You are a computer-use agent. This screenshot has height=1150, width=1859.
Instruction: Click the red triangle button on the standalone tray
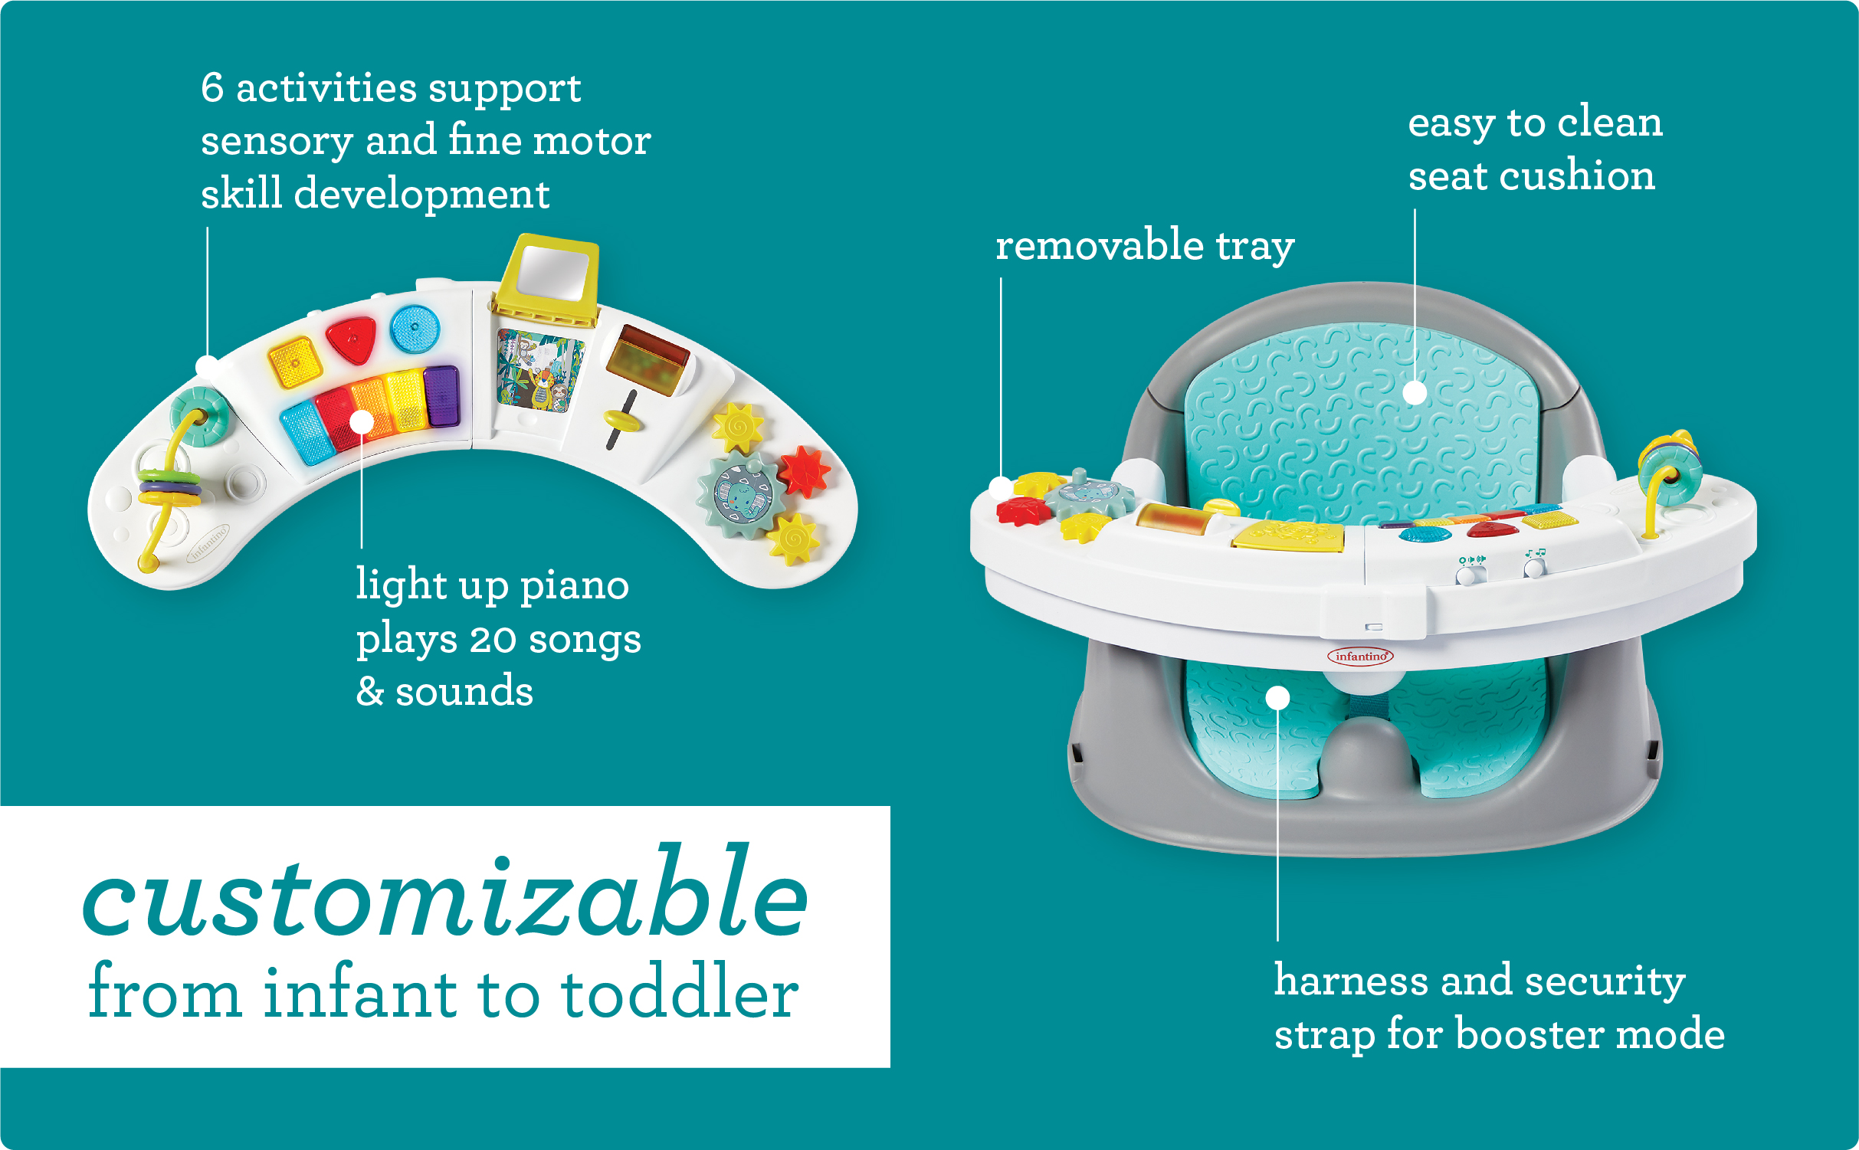(x=352, y=339)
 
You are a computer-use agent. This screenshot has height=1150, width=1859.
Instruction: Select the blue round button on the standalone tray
(x=415, y=328)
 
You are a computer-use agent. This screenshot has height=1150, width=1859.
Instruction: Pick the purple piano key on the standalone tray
(x=441, y=395)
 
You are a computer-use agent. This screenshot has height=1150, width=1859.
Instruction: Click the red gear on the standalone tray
(x=804, y=470)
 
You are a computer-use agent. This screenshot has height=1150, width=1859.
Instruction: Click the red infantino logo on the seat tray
(x=1360, y=656)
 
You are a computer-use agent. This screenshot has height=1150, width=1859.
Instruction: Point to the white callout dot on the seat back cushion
(x=1415, y=392)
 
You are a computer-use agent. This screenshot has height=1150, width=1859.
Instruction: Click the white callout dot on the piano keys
(x=362, y=421)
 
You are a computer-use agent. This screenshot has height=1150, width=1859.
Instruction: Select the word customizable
(x=445, y=893)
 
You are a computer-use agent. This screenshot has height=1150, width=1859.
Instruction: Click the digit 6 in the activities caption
(x=212, y=87)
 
